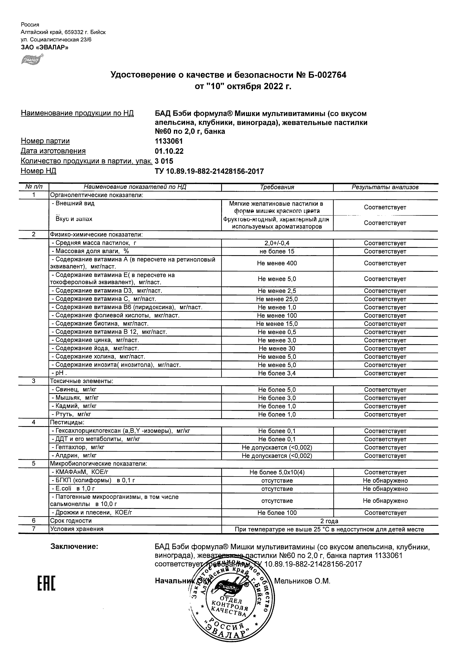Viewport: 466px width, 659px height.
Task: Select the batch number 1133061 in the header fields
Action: [169, 141]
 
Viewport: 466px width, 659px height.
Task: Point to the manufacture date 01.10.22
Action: [169, 151]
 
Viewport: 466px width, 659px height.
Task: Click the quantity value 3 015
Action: [164, 161]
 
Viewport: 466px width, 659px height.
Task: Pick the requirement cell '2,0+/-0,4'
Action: [277, 243]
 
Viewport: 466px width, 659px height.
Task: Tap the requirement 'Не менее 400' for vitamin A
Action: [277, 263]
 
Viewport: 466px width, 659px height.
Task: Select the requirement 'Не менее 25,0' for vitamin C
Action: [277, 299]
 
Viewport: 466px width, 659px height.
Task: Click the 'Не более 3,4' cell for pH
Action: [277, 373]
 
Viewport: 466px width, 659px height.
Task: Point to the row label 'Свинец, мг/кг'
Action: [75, 390]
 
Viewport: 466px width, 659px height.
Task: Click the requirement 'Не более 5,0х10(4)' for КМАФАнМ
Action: [277, 473]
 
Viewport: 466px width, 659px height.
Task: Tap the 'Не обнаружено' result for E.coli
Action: [385, 489]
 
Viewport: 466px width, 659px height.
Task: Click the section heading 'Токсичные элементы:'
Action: [81, 381]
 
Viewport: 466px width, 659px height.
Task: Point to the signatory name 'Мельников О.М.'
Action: [302, 581]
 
